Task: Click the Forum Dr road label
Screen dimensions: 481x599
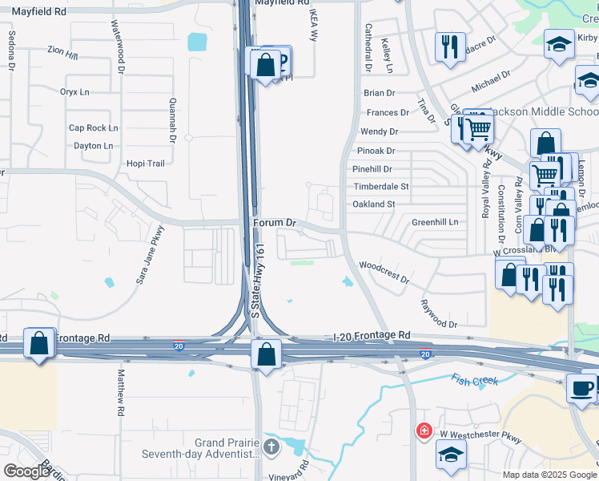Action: [275, 223]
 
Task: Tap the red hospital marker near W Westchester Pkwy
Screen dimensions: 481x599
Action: [423, 432]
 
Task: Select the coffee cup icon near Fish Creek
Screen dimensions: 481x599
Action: [581, 388]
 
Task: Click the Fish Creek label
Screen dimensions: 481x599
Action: [475, 380]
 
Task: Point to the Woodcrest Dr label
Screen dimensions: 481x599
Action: [384, 273]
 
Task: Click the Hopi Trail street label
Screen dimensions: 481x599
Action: [145, 164]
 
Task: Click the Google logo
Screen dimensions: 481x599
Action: [26, 471]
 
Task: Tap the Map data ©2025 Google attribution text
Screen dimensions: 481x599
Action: [549, 475]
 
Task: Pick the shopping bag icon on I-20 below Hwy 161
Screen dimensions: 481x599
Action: [266, 354]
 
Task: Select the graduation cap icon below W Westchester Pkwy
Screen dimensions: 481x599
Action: [451, 454]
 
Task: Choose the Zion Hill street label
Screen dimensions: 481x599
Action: [62, 54]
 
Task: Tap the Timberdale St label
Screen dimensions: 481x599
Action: [381, 187]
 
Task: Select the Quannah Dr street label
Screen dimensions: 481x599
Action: [172, 121]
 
